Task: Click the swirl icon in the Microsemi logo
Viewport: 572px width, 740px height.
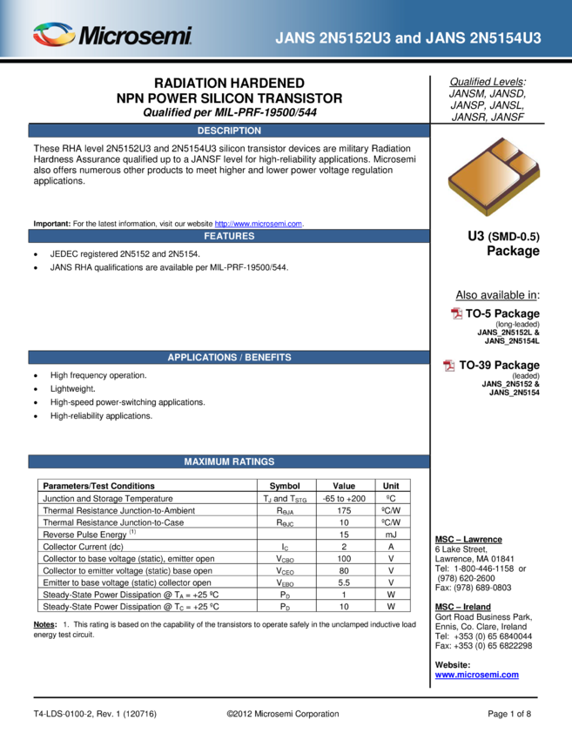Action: coord(54,35)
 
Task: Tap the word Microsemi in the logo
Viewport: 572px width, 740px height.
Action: coord(135,37)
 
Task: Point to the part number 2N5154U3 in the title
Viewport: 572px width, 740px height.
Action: coord(505,38)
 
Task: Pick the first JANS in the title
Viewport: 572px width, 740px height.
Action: coord(293,38)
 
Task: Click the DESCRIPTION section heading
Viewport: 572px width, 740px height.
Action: coord(229,131)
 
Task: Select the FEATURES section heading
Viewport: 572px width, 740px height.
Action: coord(229,236)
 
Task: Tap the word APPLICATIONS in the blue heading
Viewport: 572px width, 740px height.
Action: coord(202,358)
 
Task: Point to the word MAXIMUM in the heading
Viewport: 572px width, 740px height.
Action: coord(207,462)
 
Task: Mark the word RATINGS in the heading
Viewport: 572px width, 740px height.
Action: coord(254,462)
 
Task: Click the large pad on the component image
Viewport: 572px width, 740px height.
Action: coord(481,179)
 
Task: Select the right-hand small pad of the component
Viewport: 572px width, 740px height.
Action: coord(525,163)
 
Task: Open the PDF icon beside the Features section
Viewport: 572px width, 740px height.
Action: coord(457,313)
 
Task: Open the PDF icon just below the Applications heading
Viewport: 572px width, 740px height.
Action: coord(449,366)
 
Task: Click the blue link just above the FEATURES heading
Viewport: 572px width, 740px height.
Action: coord(258,224)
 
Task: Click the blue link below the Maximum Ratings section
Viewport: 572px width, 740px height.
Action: coord(476,675)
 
